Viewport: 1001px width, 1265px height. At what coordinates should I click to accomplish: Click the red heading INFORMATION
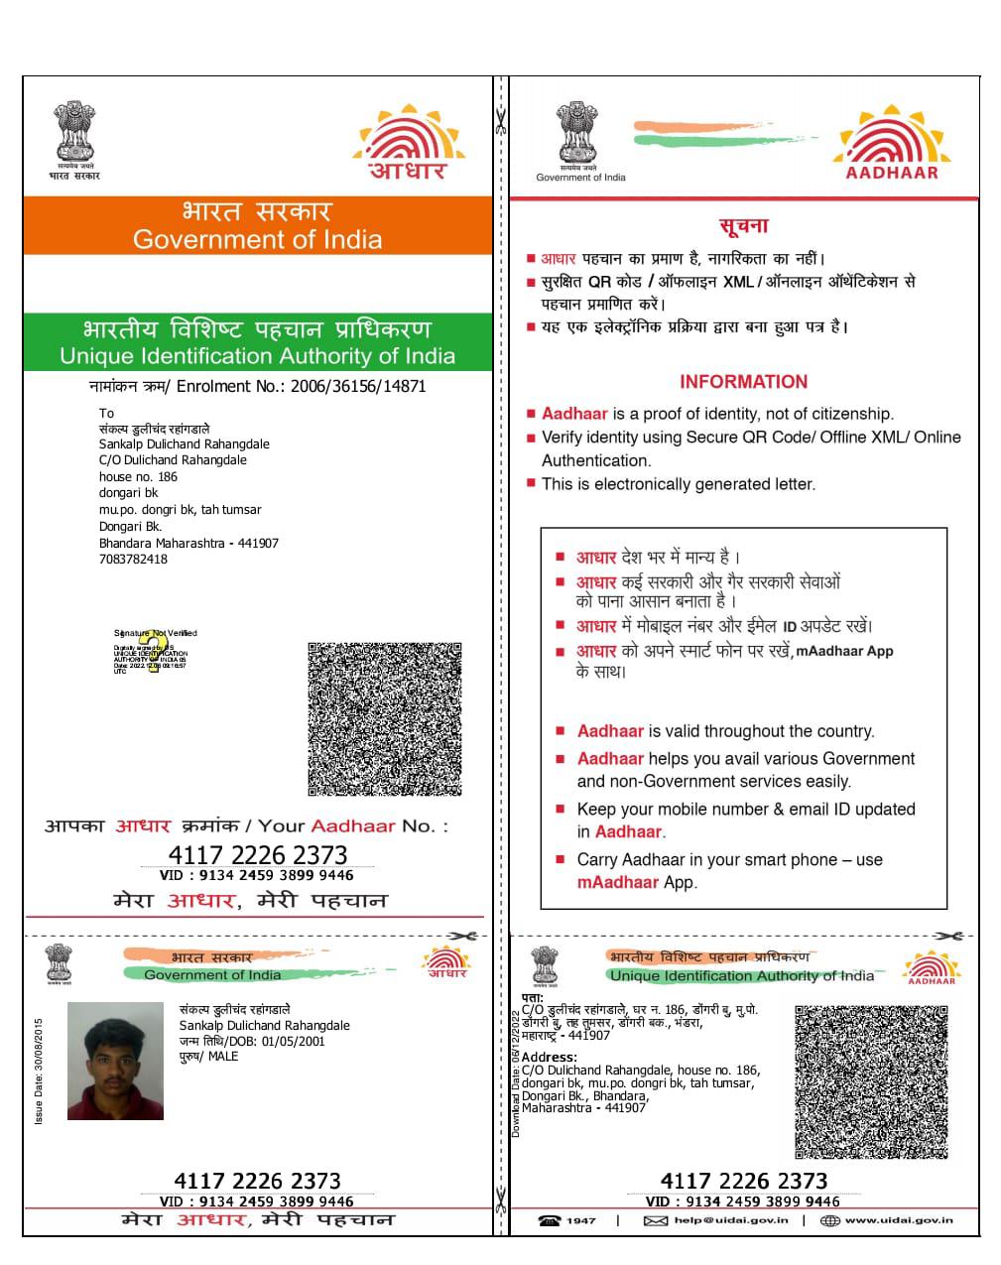coord(743,382)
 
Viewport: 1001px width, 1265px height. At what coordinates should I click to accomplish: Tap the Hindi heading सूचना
coord(743,226)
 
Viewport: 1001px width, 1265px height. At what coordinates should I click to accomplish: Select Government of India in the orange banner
coord(257,239)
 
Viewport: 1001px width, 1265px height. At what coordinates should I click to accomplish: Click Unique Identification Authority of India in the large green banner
coord(257,356)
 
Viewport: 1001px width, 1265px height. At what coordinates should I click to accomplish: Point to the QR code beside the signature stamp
coord(384,718)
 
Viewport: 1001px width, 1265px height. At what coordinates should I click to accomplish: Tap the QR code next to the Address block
coord(870,1081)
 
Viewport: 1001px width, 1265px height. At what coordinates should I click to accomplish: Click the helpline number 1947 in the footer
coord(581,1220)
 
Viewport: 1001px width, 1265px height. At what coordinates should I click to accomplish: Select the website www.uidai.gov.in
coord(899,1220)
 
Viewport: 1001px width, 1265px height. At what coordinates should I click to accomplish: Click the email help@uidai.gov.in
coord(730,1220)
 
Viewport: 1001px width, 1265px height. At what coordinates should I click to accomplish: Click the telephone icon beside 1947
coord(550,1220)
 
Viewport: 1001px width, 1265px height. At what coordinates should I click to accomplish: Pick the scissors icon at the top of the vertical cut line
coord(500,120)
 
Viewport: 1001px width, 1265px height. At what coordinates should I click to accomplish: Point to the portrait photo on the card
coord(115,1061)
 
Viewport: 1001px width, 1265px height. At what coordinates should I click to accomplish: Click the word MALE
coord(223,1057)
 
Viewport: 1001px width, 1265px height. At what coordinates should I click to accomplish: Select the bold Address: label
coord(549,1058)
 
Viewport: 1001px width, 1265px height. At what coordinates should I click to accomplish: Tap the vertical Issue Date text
coord(39,1071)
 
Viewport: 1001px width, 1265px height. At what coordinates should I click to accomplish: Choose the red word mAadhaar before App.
coord(617,882)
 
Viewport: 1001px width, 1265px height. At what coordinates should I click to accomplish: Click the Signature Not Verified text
coord(156,633)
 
